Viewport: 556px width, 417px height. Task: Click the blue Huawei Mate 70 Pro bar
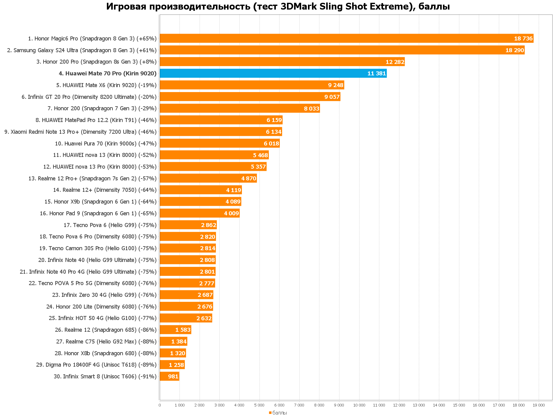tap(273, 74)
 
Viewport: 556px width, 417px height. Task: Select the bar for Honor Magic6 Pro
tap(346, 39)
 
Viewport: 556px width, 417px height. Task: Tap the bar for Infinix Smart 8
tap(169, 377)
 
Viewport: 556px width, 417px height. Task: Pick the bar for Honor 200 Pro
tap(282, 62)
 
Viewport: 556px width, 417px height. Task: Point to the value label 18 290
tap(515, 50)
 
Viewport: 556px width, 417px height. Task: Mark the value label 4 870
tap(249, 179)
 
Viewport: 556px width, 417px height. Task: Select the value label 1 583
tap(183, 330)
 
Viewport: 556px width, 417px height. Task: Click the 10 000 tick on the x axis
tap(359, 405)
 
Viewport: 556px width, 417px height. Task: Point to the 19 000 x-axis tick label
tap(539, 405)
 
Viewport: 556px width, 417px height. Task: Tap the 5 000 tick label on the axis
tap(259, 405)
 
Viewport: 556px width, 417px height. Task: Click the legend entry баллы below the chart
tap(280, 413)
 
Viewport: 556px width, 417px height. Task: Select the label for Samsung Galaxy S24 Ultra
tap(82, 50)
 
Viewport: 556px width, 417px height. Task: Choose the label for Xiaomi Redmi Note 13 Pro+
tap(80, 132)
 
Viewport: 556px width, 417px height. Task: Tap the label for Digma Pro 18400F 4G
tap(96, 365)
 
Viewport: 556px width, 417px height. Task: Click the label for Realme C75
tap(106, 342)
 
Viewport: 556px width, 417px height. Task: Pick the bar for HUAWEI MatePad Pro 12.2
tap(221, 120)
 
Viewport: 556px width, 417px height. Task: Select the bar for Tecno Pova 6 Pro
tap(188, 237)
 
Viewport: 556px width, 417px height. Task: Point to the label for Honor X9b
tap(100, 202)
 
